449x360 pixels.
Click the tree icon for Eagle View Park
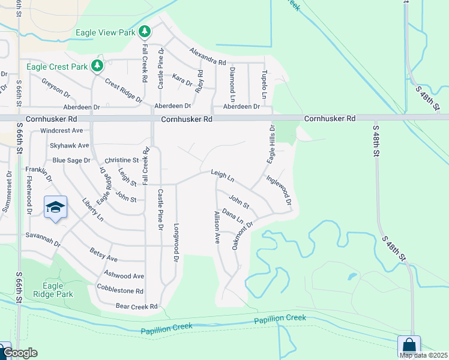pyautogui.click(x=144, y=32)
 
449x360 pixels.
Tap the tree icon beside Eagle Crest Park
pyautogui.click(x=97, y=65)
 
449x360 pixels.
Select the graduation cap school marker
pyautogui.click(x=55, y=208)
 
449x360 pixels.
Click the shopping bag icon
pyautogui.click(x=409, y=346)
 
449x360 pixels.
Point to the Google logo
pyautogui.click(x=19, y=353)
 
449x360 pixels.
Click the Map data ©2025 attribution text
pyautogui.click(x=423, y=355)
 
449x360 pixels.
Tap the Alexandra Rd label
pyautogui.click(x=208, y=58)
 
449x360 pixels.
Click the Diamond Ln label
pyautogui.click(x=232, y=83)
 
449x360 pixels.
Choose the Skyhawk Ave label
pyautogui.click(x=69, y=145)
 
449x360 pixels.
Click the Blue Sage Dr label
pyautogui.click(x=71, y=160)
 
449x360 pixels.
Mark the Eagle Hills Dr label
pyautogui.click(x=271, y=145)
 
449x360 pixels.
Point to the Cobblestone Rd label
pyautogui.click(x=120, y=290)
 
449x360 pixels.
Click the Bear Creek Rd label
pyautogui.click(x=136, y=307)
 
